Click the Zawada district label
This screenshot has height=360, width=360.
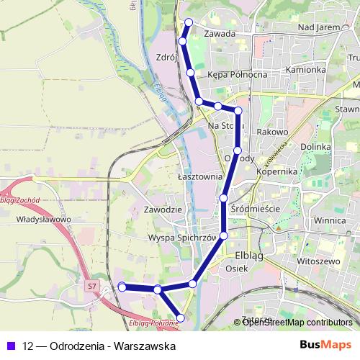coord(220,33)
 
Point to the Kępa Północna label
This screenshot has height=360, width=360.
coord(237,74)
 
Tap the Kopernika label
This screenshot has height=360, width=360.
coord(277,172)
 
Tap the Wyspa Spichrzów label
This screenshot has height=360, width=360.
coord(182,237)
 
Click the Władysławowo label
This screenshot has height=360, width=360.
coord(42,219)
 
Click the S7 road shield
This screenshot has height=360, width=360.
coord(91,287)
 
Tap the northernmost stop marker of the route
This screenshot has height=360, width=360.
coord(189,22)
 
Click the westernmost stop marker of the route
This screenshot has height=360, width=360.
coord(122,287)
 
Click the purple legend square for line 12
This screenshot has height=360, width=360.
coord(9,346)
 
